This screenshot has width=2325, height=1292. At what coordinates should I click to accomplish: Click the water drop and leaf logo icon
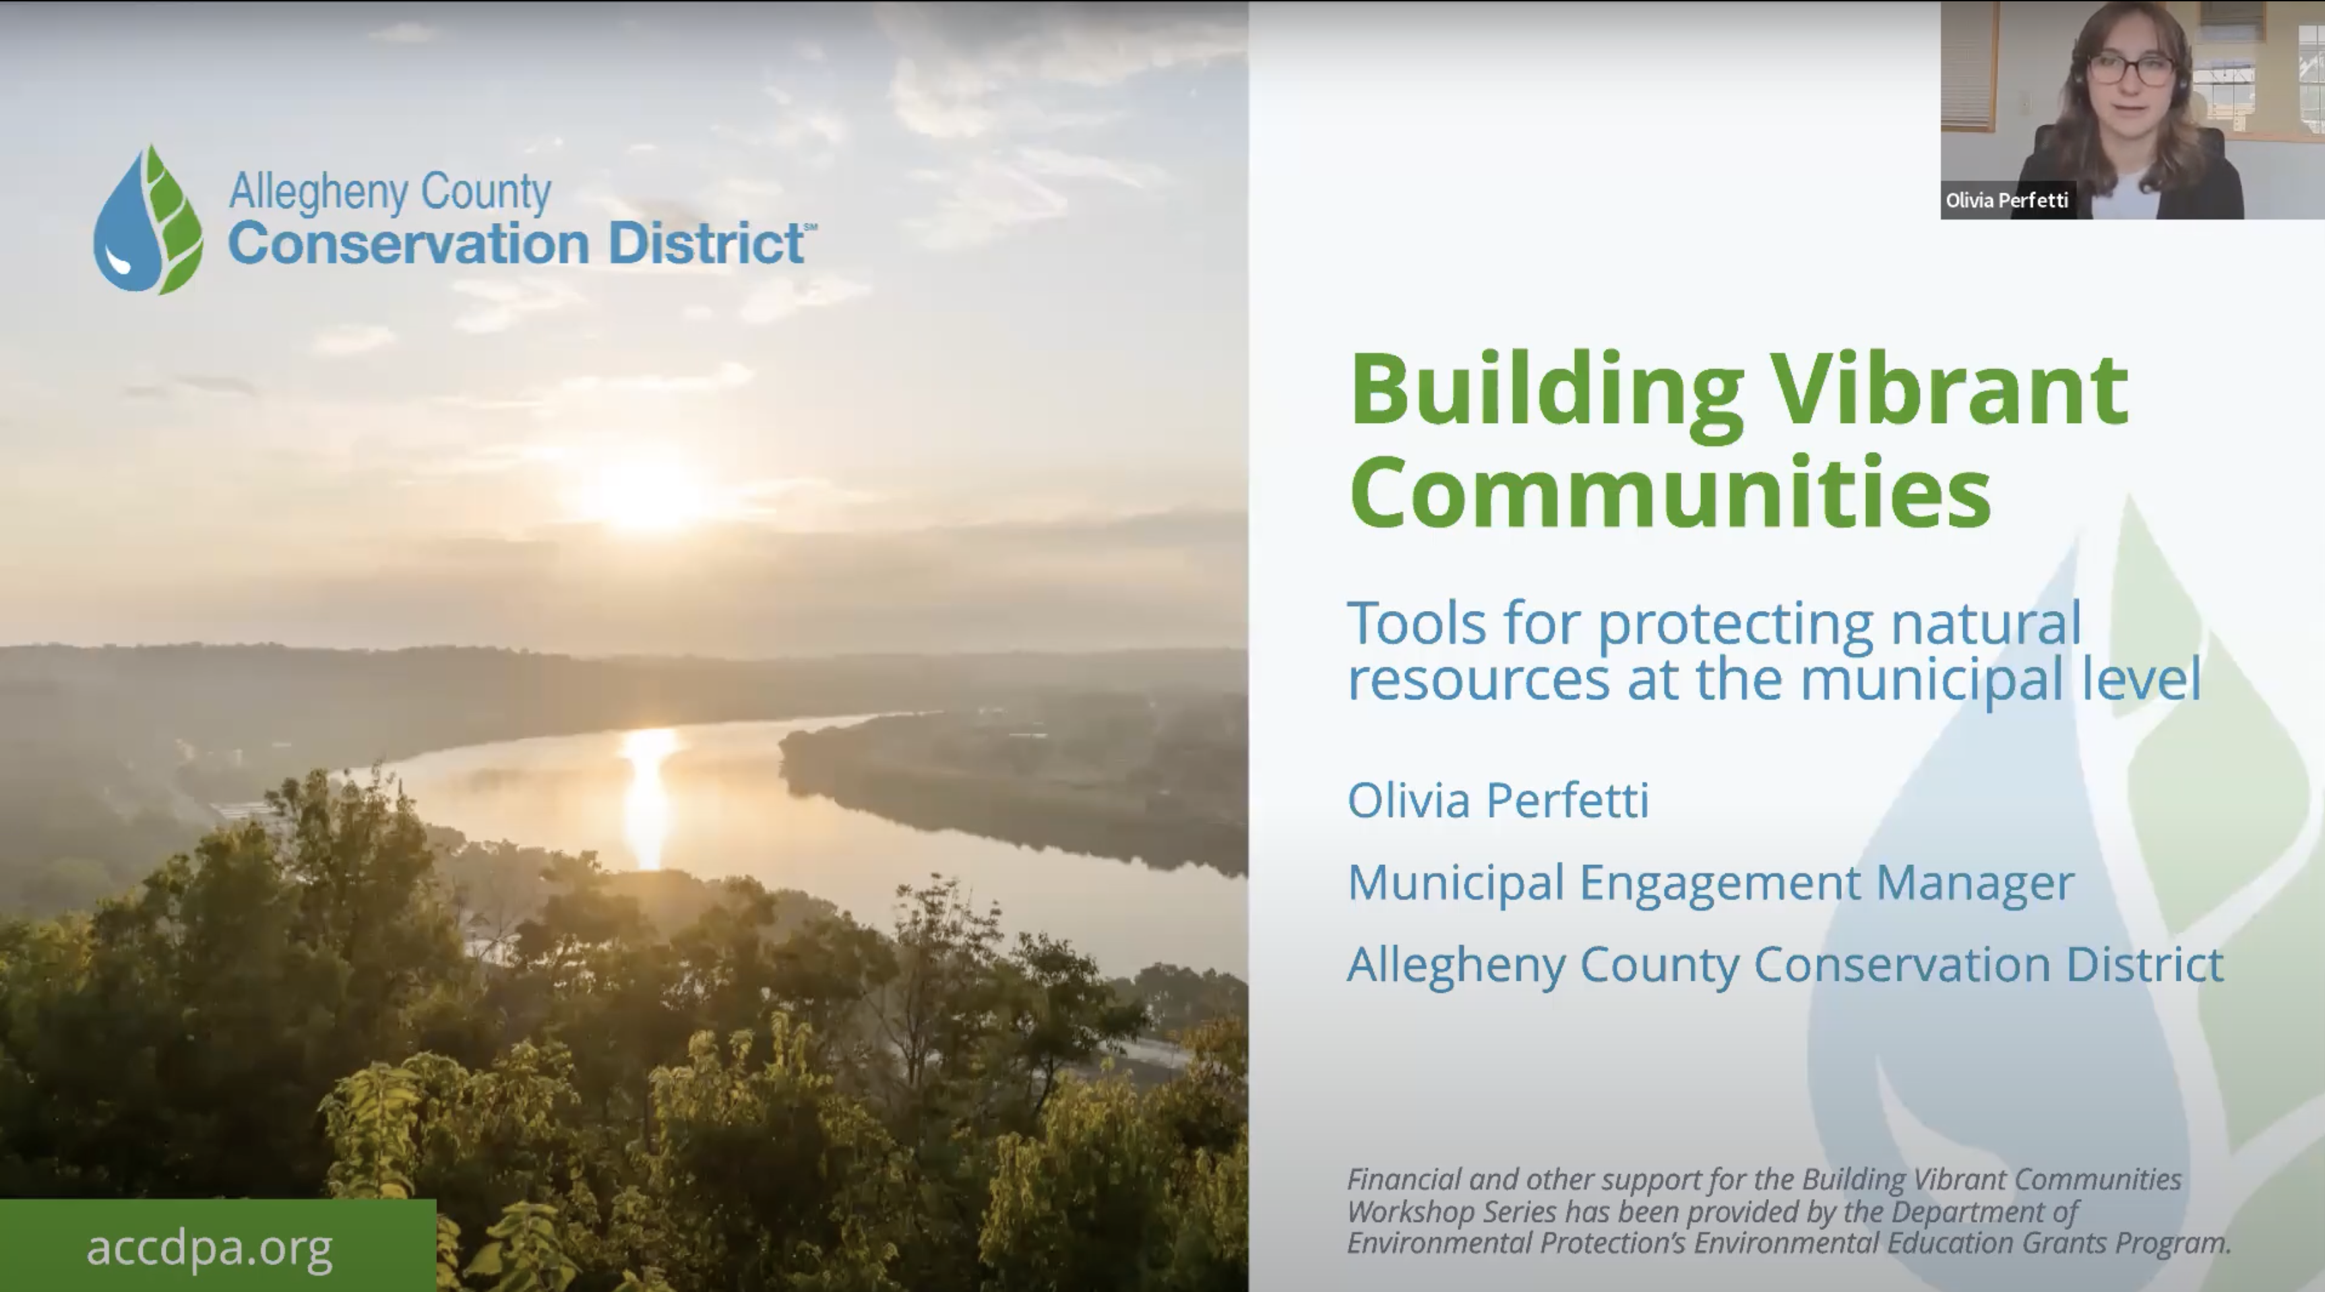tap(148, 219)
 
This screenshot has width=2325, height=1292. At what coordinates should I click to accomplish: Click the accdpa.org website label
tap(210, 1248)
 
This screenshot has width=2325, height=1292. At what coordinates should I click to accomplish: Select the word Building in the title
tap(1546, 391)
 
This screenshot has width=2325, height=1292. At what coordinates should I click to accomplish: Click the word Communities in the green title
tap(1670, 492)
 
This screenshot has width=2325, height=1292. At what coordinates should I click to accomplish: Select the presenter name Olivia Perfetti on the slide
tap(1498, 800)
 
